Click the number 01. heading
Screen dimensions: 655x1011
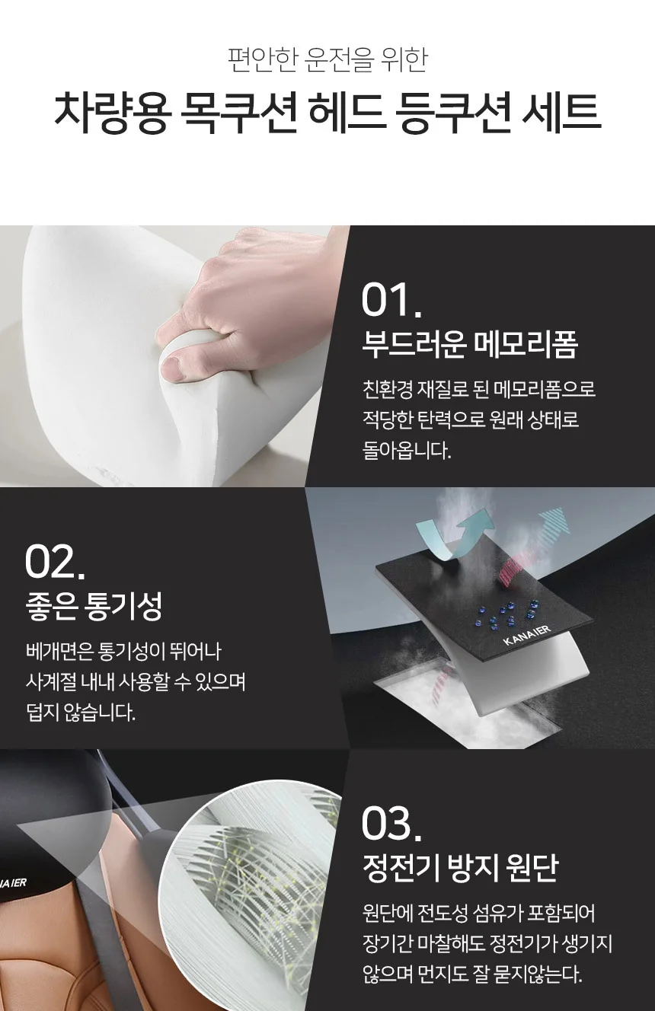point(391,300)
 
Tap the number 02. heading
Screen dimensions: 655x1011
point(55,563)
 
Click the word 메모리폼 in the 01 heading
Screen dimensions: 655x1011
point(526,344)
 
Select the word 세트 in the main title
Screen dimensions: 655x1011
point(561,112)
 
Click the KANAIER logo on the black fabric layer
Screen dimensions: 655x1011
point(527,635)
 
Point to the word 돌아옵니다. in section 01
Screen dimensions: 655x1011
point(407,451)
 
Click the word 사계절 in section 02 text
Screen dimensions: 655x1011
point(50,682)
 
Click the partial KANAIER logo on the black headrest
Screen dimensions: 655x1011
point(13,883)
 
